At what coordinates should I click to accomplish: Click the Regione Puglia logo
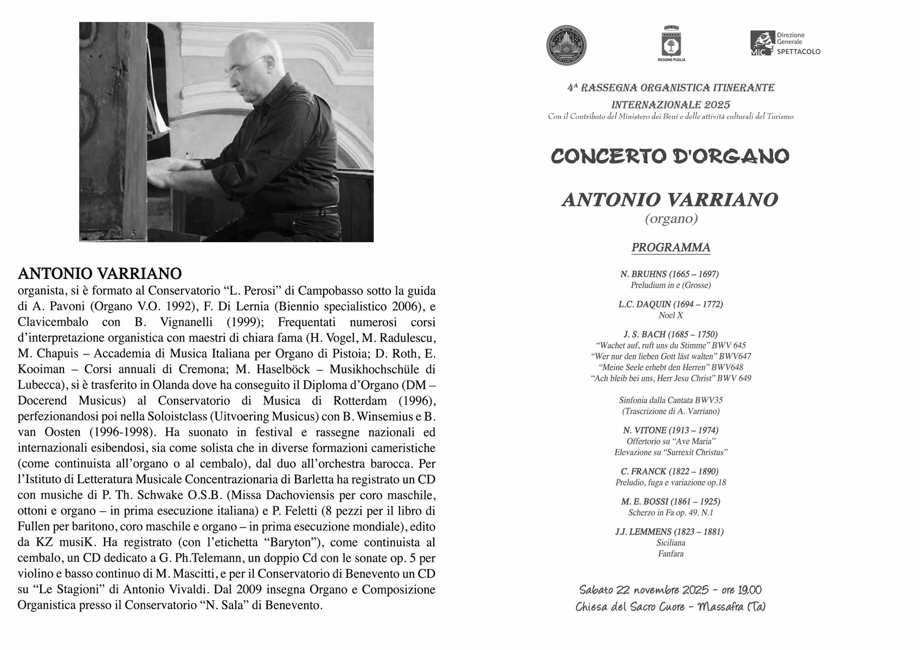(671, 43)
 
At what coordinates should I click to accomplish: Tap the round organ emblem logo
(567, 45)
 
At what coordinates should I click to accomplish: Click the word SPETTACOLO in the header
(799, 52)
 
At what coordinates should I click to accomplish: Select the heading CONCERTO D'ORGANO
(670, 157)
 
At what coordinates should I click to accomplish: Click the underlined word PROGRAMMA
(671, 248)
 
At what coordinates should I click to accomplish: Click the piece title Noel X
(671, 315)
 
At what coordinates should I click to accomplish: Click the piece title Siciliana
(671, 543)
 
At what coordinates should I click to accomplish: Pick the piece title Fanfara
(671, 554)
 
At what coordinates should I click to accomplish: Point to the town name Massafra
(720, 607)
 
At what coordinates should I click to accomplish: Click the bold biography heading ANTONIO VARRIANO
(100, 273)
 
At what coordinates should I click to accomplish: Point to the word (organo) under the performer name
(671, 219)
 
